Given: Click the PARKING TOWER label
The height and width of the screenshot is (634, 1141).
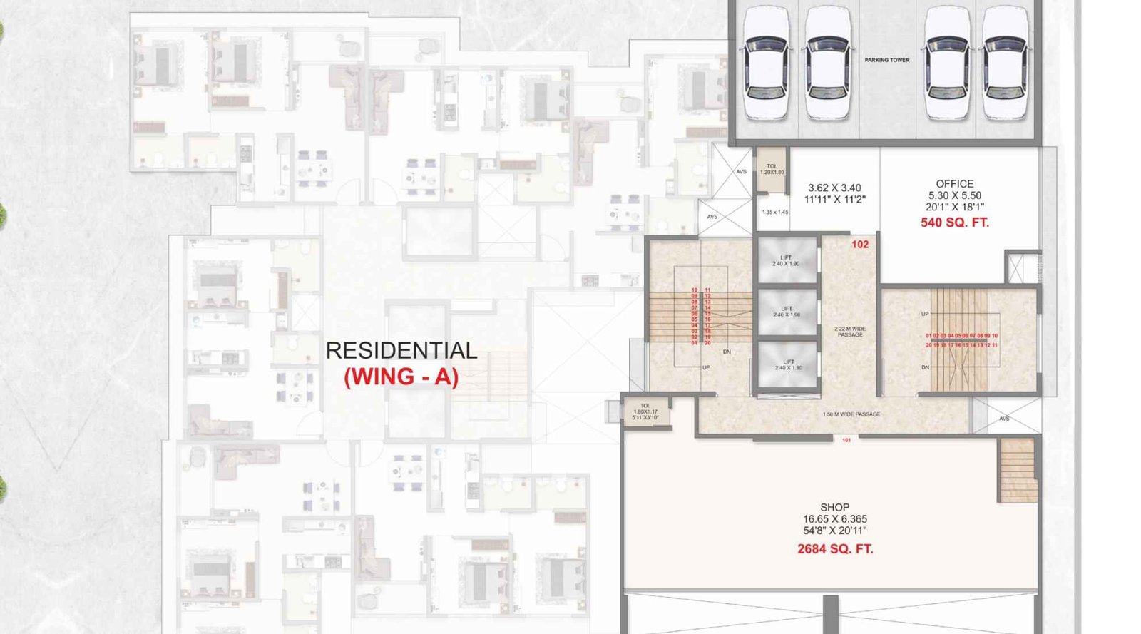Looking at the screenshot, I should [x=886, y=60].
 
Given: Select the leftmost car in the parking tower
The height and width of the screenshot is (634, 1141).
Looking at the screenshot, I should [x=766, y=64].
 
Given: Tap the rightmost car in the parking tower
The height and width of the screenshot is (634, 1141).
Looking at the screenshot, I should [x=1006, y=64].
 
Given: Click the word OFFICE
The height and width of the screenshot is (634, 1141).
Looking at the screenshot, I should [x=954, y=184].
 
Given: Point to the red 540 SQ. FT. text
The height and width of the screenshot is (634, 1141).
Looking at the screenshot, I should [x=954, y=223].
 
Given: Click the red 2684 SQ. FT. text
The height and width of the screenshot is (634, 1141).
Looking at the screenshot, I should [x=834, y=549].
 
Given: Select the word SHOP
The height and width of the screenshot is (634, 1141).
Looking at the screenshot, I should [x=834, y=508].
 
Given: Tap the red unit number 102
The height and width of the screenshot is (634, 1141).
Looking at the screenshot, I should [x=860, y=245].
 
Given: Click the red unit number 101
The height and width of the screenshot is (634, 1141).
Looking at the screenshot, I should [x=846, y=440].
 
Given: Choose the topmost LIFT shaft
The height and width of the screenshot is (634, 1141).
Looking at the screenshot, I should [x=786, y=260].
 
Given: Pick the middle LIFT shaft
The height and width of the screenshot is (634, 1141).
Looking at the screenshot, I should [x=786, y=312].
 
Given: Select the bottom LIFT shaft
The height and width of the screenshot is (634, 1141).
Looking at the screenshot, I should [x=787, y=364].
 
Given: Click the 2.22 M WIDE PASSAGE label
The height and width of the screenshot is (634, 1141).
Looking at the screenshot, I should [x=849, y=332].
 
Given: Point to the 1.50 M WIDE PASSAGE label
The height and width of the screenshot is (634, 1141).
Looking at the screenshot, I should [x=851, y=414].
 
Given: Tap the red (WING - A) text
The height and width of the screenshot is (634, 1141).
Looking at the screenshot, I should [x=401, y=377].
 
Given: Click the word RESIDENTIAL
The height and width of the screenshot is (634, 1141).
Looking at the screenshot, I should [x=401, y=351].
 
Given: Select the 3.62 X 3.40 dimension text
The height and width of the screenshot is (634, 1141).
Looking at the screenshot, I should [x=834, y=188].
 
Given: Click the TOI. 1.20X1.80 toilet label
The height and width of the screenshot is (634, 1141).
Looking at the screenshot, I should [x=772, y=170].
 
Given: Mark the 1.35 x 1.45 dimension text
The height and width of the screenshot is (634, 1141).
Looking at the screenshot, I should [x=774, y=213].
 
